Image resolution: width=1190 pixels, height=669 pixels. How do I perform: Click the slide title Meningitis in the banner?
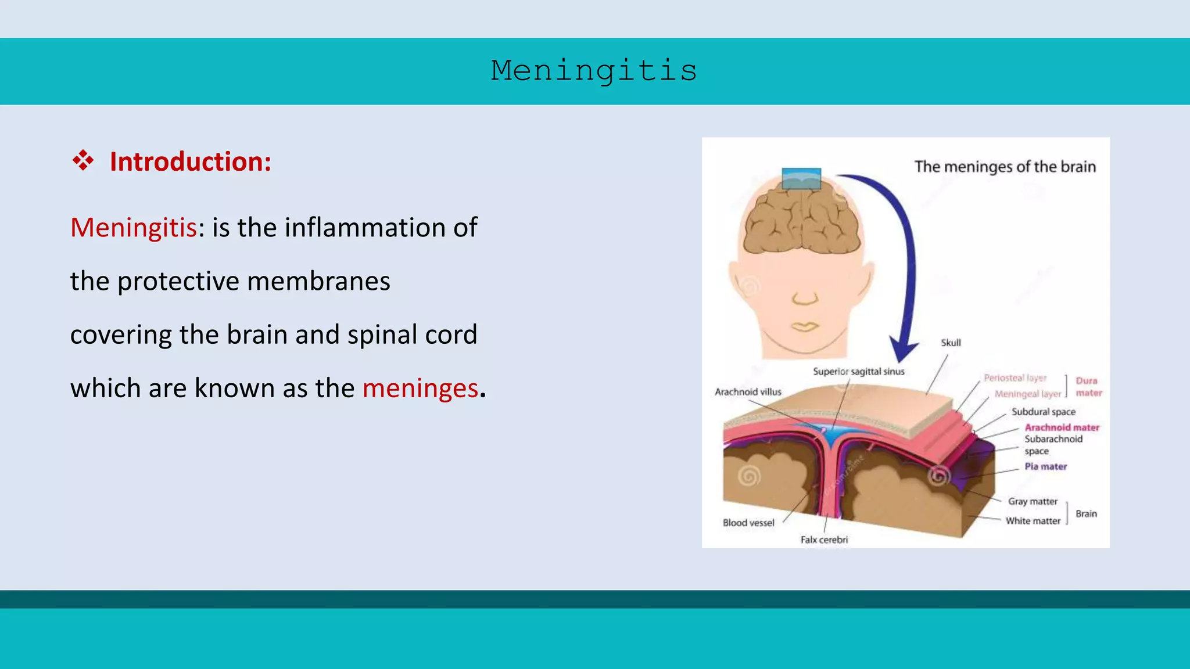[x=594, y=71]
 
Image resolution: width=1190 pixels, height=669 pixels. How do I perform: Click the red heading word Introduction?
[x=190, y=161]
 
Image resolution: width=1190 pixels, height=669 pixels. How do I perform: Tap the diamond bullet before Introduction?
[x=83, y=160]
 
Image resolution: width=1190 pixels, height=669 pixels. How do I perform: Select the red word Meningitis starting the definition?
[x=134, y=227]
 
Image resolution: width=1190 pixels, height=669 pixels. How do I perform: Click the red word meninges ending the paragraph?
[x=420, y=388]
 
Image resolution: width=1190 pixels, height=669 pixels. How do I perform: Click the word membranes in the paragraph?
[x=318, y=281]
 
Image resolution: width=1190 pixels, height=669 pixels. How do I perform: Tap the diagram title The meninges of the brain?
[x=1005, y=167]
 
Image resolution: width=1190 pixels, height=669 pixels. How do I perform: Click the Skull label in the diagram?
[x=951, y=343]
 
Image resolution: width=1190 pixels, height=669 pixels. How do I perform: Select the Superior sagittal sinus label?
[x=858, y=371]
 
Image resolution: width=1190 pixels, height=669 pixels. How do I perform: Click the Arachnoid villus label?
[x=748, y=392]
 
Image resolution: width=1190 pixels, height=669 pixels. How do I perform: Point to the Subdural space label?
[x=1043, y=412]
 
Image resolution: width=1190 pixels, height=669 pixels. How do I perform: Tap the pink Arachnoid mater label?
[x=1062, y=427]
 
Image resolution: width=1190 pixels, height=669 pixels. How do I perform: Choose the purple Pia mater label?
[x=1045, y=466]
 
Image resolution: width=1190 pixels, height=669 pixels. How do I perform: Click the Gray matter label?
[x=1033, y=501]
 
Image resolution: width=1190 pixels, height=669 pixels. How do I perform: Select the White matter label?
[x=1033, y=521]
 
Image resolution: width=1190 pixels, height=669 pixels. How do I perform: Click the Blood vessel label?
[x=748, y=523]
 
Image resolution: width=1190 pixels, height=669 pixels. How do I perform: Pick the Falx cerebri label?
[x=824, y=539]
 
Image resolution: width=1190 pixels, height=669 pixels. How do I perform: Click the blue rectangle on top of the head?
[x=801, y=178]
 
